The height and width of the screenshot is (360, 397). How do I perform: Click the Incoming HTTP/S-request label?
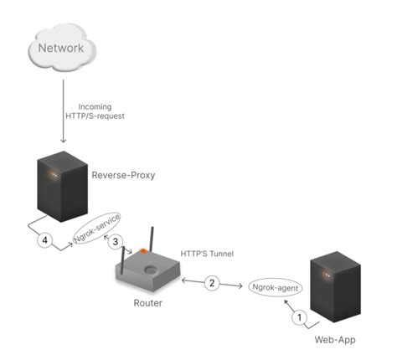pyautogui.click(x=101, y=111)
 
